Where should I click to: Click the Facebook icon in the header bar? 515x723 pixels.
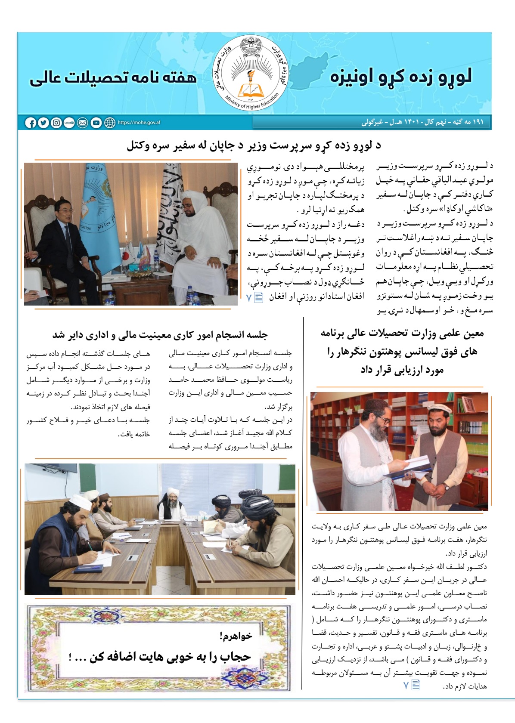click(x=31, y=123)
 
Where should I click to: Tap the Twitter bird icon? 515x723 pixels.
click(x=43, y=123)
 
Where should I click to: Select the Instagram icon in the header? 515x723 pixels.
click(x=56, y=123)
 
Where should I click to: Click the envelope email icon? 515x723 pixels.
click(x=82, y=123)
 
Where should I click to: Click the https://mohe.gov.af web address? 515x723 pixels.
click(x=139, y=123)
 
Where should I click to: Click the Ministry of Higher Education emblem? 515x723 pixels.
click(x=251, y=72)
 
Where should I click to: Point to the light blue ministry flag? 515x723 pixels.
click(x=97, y=202)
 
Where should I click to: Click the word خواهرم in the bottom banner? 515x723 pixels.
click(x=235, y=636)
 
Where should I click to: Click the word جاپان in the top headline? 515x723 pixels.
click(x=223, y=146)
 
